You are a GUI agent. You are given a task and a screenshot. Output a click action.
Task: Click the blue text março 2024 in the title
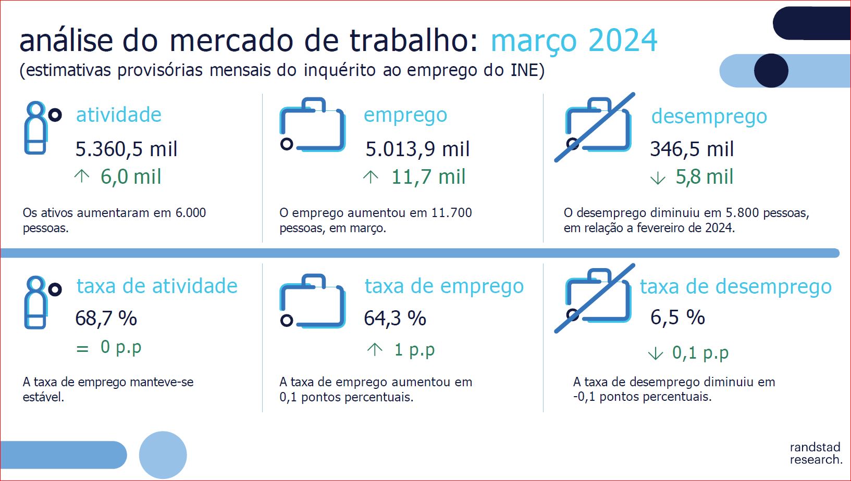click(x=574, y=41)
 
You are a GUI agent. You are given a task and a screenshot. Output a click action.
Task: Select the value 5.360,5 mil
click(x=127, y=149)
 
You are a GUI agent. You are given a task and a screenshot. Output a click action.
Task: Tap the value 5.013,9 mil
click(x=417, y=149)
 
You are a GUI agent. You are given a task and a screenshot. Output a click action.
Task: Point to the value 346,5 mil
click(x=692, y=149)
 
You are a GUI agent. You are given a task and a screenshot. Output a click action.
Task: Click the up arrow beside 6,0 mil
click(x=82, y=176)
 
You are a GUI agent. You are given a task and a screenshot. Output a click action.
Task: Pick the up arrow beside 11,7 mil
click(x=371, y=178)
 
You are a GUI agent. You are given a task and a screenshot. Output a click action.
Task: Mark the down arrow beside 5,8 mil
click(x=658, y=178)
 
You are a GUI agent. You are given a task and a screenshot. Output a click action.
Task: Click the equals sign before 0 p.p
click(x=82, y=348)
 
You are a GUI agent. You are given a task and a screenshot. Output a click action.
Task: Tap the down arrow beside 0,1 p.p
click(x=656, y=354)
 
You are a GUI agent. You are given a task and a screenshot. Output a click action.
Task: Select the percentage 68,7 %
click(x=106, y=318)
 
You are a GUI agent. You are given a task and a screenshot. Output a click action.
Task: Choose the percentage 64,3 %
click(x=395, y=318)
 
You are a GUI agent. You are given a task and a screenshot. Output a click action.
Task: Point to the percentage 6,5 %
click(x=678, y=317)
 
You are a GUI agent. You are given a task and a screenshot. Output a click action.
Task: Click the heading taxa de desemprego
click(x=736, y=287)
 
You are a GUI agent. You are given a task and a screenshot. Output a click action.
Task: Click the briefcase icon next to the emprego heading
click(x=313, y=125)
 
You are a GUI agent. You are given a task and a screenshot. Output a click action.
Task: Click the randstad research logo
click(x=816, y=453)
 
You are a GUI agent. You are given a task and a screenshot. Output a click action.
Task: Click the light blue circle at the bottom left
click(x=163, y=455)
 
